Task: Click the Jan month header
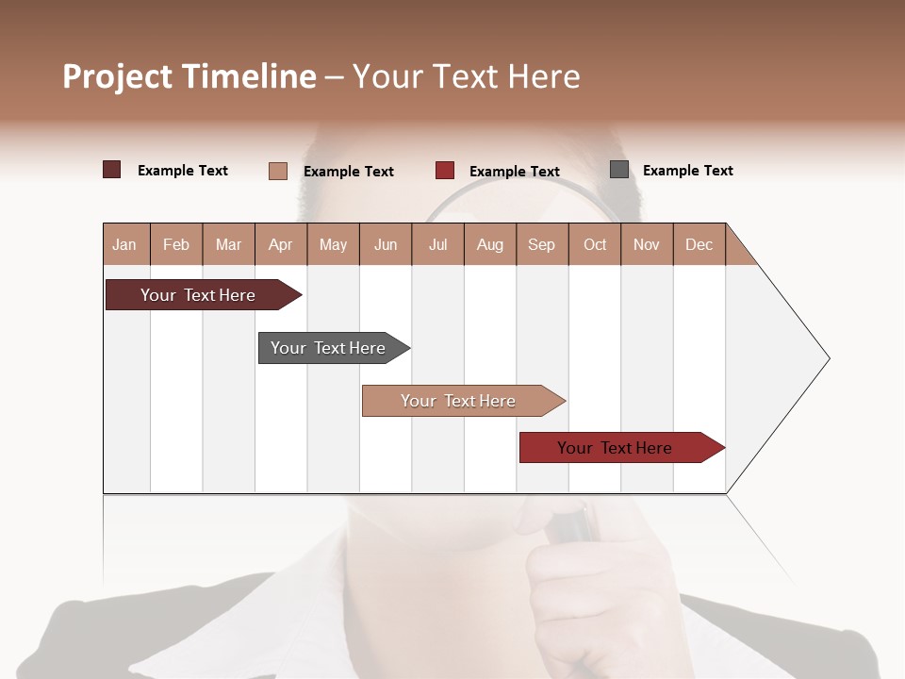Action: pos(125,244)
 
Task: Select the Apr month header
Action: pos(281,244)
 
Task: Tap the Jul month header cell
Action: pos(437,244)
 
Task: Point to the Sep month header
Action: pos(541,244)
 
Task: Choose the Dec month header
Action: pos(699,244)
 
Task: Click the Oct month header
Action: pos(594,244)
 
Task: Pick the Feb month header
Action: pos(176,244)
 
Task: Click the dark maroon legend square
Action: pos(112,170)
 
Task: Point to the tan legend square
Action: pos(278,171)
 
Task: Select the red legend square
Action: pos(445,171)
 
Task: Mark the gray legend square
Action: pos(619,170)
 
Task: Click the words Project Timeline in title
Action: pos(189,76)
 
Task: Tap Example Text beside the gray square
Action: pos(687,171)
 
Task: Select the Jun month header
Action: pos(386,244)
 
